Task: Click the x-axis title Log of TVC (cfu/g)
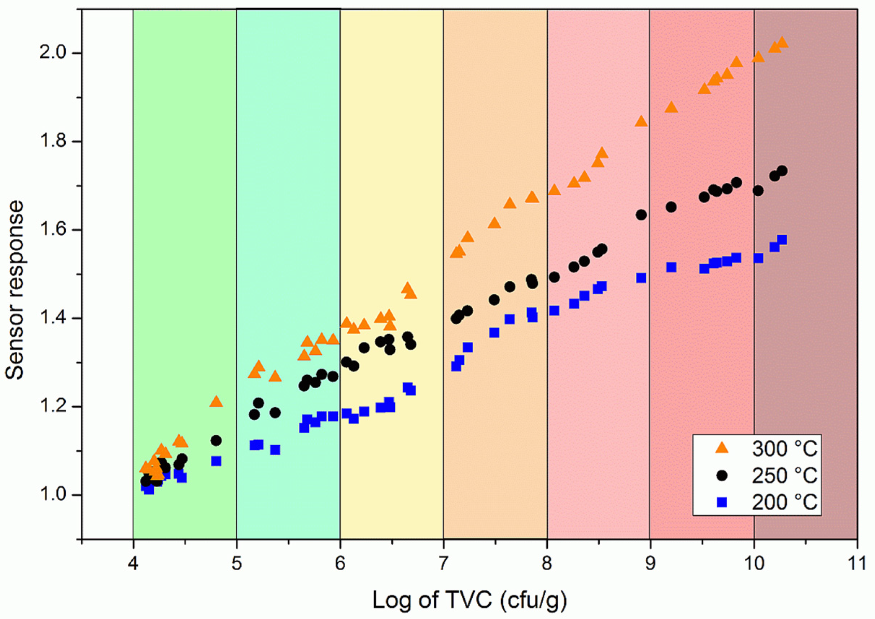click(469, 600)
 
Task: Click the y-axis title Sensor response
click(14, 291)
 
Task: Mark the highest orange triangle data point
click(782, 42)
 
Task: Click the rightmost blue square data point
click(782, 240)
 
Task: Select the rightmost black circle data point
click(782, 171)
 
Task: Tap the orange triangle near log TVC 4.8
click(216, 402)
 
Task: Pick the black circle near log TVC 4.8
click(216, 441)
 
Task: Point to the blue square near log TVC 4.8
click(216, 461)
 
